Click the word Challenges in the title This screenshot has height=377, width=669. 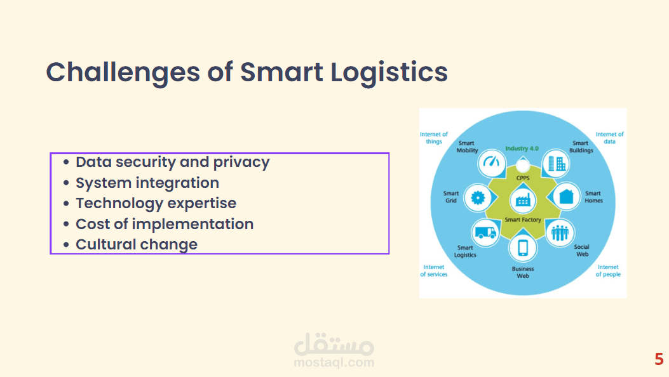[123, 72]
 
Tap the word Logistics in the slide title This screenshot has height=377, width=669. [389, 72]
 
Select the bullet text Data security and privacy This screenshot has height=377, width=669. [173, 162]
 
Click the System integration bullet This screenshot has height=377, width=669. [147, 183]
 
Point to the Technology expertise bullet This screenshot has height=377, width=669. [156, 204]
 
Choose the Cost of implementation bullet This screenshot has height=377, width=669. [165, 224]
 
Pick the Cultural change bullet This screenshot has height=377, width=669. [137, 244]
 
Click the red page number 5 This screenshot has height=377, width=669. [659, 359]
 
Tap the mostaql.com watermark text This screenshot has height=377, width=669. [334, 362]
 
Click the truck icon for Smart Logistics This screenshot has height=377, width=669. [485, 232]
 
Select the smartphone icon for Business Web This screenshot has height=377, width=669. [523, 248]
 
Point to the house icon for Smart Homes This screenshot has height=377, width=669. [566, 196]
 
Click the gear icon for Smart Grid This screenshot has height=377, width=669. [478, 197]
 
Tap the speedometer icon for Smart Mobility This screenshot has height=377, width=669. [492, 162]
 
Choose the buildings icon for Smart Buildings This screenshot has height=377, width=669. [557, 164]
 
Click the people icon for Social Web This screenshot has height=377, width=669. [560, 233]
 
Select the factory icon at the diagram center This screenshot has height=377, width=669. [523, 200]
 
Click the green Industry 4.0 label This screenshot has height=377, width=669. [522, 149]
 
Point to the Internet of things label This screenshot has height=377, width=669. [434, 138]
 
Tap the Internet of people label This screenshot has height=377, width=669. [608, 270]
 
